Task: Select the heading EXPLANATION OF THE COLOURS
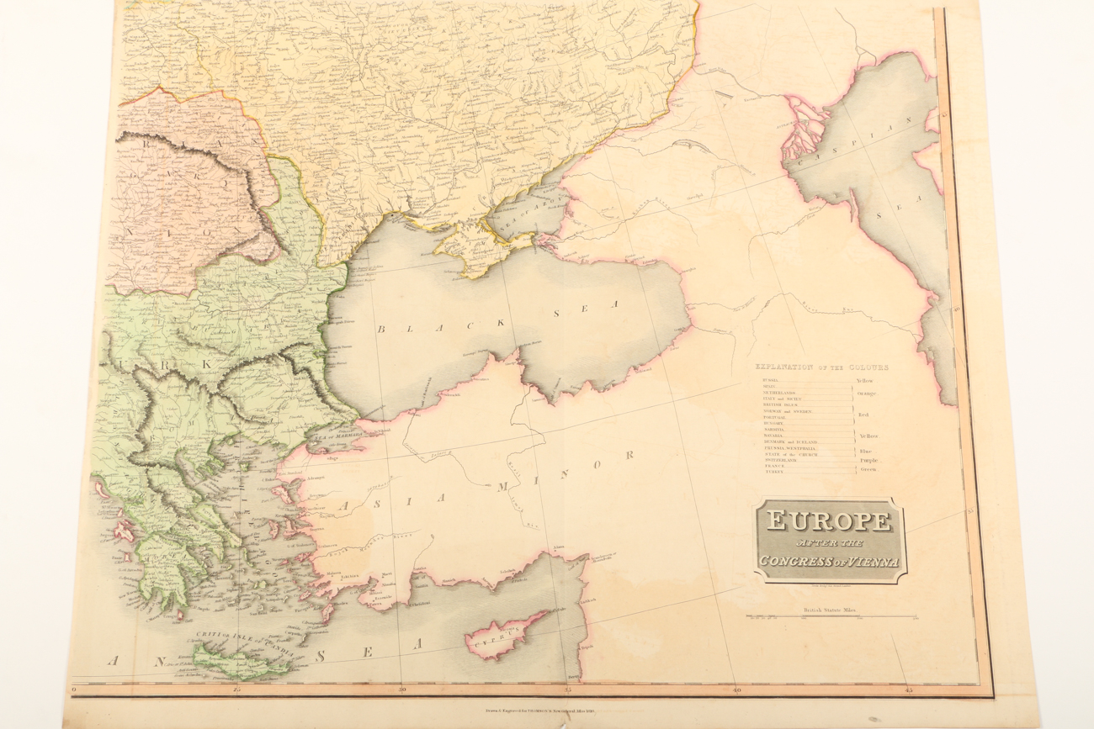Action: click(821, 367)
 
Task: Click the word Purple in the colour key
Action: click(868, 461)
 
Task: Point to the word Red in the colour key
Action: click(863, 415)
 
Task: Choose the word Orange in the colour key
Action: click(868, 393)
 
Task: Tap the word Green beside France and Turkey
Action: click(867, 469)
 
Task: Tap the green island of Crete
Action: click(239, 662)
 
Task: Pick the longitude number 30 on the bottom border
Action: click(401, 690)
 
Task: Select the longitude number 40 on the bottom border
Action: click(736, 690)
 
